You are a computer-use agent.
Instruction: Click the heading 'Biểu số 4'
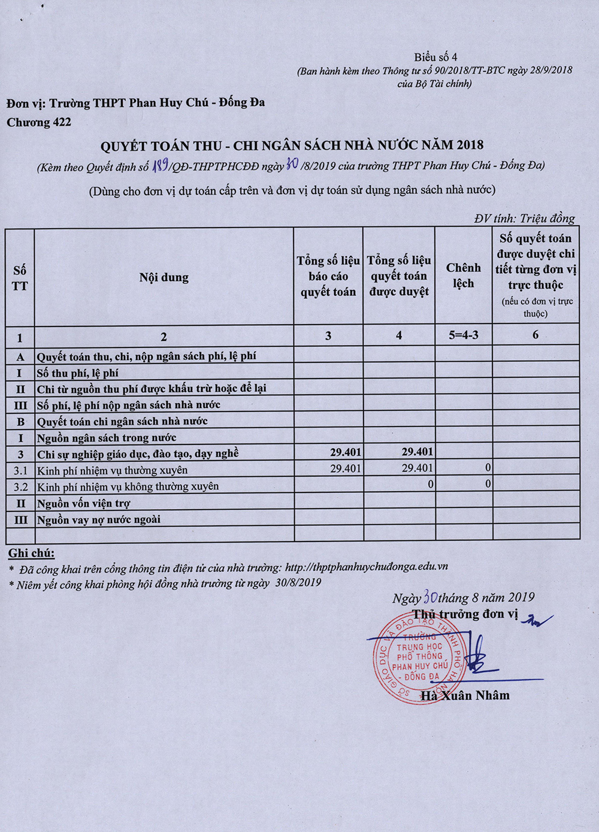(x=435, y=58)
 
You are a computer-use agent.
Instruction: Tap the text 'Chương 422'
(x=39, y=123)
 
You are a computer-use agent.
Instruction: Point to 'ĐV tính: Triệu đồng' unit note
(x=524, y=219)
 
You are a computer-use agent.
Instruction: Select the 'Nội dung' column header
(x=164, y=277)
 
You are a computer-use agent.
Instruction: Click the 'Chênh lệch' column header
(x=463, y=276)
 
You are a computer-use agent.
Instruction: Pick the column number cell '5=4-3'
(x=463, y=335)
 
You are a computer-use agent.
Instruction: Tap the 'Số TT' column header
(x=20, y=278)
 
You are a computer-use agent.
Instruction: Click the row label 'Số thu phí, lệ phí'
(x=77, y=373)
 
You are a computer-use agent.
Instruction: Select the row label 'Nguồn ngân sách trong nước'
(x=107, y=438)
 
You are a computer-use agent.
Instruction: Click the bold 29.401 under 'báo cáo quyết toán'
(x=346, y=452)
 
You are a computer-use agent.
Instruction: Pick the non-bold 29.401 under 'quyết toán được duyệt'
(x=417, y=468)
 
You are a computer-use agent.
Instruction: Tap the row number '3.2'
(x=20, y=486)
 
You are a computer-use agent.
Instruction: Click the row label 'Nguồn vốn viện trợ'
(x=83, y=503)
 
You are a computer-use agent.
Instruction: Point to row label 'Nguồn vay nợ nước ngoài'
(x=99, y=520)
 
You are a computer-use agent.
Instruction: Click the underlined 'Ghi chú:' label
(x=31, y=553)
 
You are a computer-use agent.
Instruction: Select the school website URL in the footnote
(x=367, y=567)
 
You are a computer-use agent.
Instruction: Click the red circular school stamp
(x=415, y=658)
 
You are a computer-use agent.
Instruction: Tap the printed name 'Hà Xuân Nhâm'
(x=465, y=695)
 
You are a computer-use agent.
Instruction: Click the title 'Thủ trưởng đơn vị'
(x=465, y=614)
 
